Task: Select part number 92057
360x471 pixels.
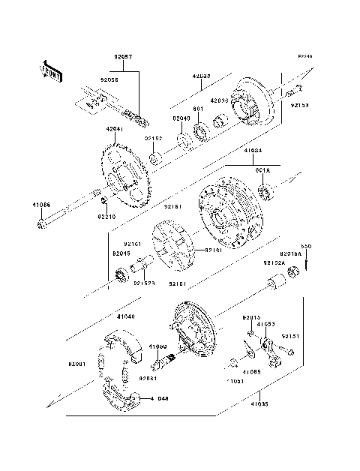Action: coord(123,56)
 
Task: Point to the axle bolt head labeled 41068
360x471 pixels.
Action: coord(40,223)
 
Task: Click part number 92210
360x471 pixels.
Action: coord(106,217)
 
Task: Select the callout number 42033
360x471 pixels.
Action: coord(201,76)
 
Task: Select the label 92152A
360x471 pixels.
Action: coord(273,263)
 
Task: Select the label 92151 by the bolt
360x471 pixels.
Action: coord(290,337)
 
